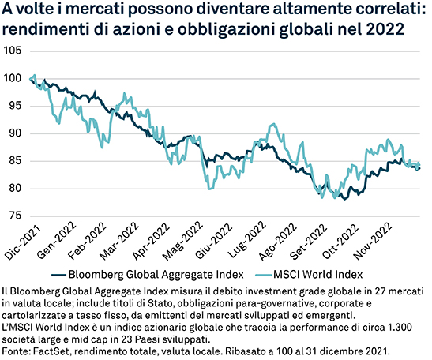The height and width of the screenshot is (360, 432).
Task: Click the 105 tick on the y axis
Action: [x=13, y=51]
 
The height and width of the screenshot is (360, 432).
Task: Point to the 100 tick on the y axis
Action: [x=13, y=78]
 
